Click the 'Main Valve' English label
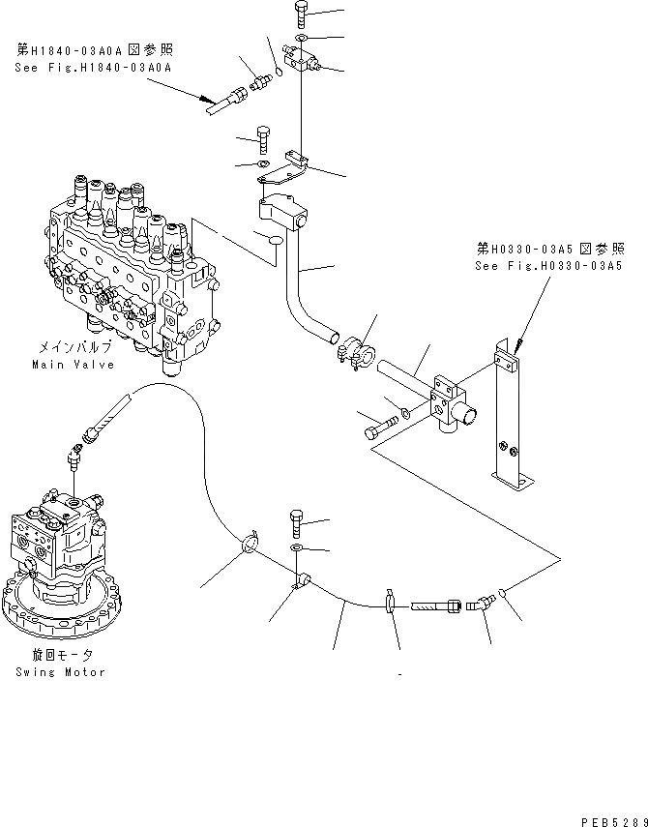(73, 365)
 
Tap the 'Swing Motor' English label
(60, 671)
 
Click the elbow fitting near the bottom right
(481, 603)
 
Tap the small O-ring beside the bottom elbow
(505, 592)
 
